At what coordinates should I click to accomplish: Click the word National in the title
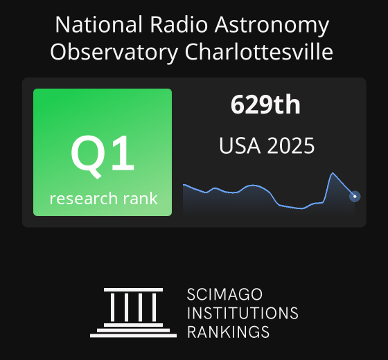pyautogui.click(x=98, y=24)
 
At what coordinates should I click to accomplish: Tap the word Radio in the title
pyautogui.click(x=179, y=24)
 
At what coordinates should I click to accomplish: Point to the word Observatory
pyautogui.click(x=114, y=53)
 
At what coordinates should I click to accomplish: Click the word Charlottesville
pyautogui.click(x=259, y=52)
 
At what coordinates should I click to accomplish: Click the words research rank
pyautogui.click(x=103, y=199)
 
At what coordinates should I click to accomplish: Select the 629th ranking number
pyautogui.click(x=265, y=105)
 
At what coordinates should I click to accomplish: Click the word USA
pyautogui.click(x=240, y=145)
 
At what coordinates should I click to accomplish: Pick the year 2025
pyautogui.click(x=291, y=145)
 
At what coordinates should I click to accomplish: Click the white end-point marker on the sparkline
pyautogui.click(x=355, y=197)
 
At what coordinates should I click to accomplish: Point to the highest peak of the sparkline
pyautogui.click(x=333, y=173)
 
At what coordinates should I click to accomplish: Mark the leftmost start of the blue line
pyautogui.click(x=184, y=184)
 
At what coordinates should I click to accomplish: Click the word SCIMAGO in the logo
pyautogui.click(x=224, y=294)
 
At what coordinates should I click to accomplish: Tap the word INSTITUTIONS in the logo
pyautogui.click(x=242, y=313)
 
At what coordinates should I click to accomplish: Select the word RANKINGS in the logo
pyautogui.click(x=228, y=332)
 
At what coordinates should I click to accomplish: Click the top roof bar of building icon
pyautogui.click(x=133, y=290)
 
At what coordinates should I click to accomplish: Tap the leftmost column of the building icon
pyautogui.click(x=112, y=307)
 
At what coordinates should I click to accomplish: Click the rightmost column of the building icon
pyautogui.click(x=154, y=307)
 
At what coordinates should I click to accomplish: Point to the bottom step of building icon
pyautogui.click(x=133, y=336)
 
